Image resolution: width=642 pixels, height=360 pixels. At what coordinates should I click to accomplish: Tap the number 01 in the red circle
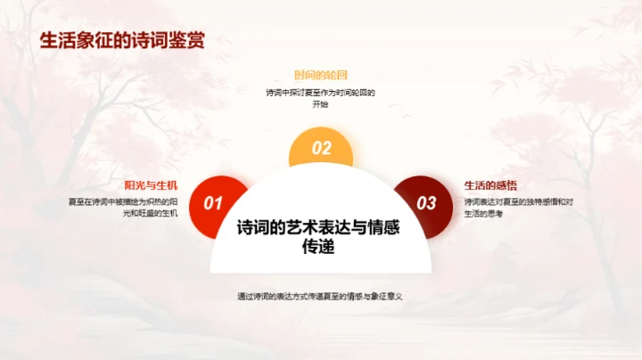point(213,203)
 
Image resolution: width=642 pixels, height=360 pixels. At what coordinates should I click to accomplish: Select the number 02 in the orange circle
point(321,149)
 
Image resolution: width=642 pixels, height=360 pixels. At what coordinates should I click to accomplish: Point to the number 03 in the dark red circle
point(427,203)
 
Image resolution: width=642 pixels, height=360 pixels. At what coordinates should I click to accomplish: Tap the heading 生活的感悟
point(490,185)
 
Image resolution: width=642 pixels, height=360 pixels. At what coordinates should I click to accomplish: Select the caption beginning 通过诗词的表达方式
point(320,296)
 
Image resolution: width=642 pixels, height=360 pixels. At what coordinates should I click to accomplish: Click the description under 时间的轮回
point(320,98)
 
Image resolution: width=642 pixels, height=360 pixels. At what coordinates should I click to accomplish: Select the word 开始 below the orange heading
point(320,104)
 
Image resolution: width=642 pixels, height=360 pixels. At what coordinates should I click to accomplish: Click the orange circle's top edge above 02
point(321,130)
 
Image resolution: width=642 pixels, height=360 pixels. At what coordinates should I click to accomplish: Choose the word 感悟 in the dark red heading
point(506,185)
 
